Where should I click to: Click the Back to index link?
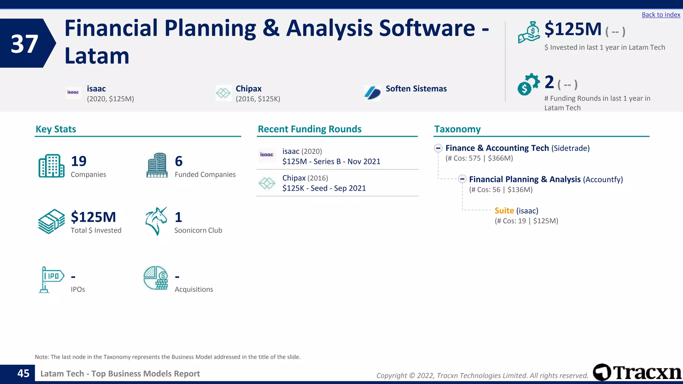coord(661,15)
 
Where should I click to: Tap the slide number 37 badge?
coord(25,43)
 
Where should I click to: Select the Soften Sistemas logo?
coord(372,92)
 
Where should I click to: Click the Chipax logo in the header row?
coord(223,93)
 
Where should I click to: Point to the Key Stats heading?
coord(56,129)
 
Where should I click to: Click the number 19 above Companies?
coord(79,161)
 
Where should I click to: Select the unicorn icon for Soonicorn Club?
coord(156,221)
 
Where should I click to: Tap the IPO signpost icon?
coord(51,279)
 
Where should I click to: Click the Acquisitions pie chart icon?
coord(156,278)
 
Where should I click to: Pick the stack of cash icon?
coord(51,221)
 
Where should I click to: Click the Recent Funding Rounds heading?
coord(309,129)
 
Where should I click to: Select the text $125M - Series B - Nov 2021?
coord(331,162)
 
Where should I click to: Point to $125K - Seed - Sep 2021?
coord(324,188)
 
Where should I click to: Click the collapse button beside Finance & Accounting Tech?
coord(438,148)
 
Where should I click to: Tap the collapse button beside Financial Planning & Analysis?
coord(462,179)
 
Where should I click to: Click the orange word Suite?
coord(504,211)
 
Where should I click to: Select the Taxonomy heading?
coord(457,129)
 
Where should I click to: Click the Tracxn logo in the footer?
coord(637,372)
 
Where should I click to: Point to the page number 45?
coord(23,373)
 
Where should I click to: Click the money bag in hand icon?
coord(529,32)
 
